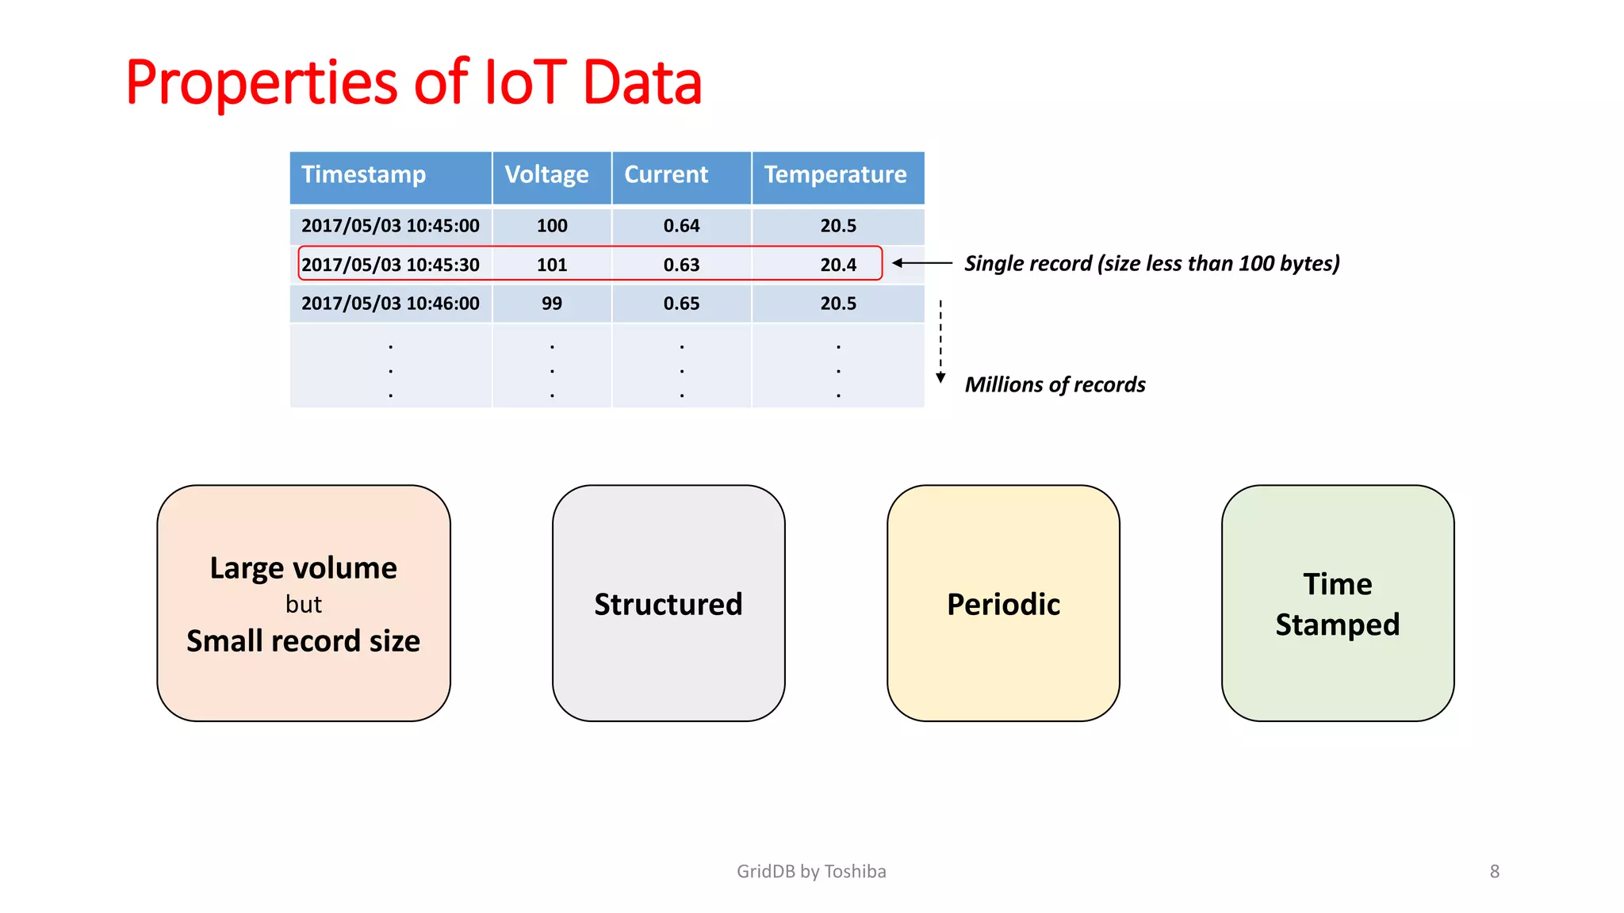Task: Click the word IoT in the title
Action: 524,82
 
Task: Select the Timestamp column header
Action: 364,174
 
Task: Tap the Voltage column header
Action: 546,174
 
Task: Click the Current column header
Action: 666,174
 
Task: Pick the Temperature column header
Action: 835,174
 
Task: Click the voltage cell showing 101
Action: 552,265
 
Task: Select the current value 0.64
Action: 681,226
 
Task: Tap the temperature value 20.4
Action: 838,265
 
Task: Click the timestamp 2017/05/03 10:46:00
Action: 390,304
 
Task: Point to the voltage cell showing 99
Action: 552,304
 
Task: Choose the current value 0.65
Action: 681,304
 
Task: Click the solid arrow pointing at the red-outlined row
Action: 921,263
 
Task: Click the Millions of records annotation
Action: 1055,385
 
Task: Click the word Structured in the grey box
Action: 668,605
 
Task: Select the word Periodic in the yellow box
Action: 1003,605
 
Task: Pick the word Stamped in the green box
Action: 1337,625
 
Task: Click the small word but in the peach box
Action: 304,605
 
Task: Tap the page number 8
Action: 1494,872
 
